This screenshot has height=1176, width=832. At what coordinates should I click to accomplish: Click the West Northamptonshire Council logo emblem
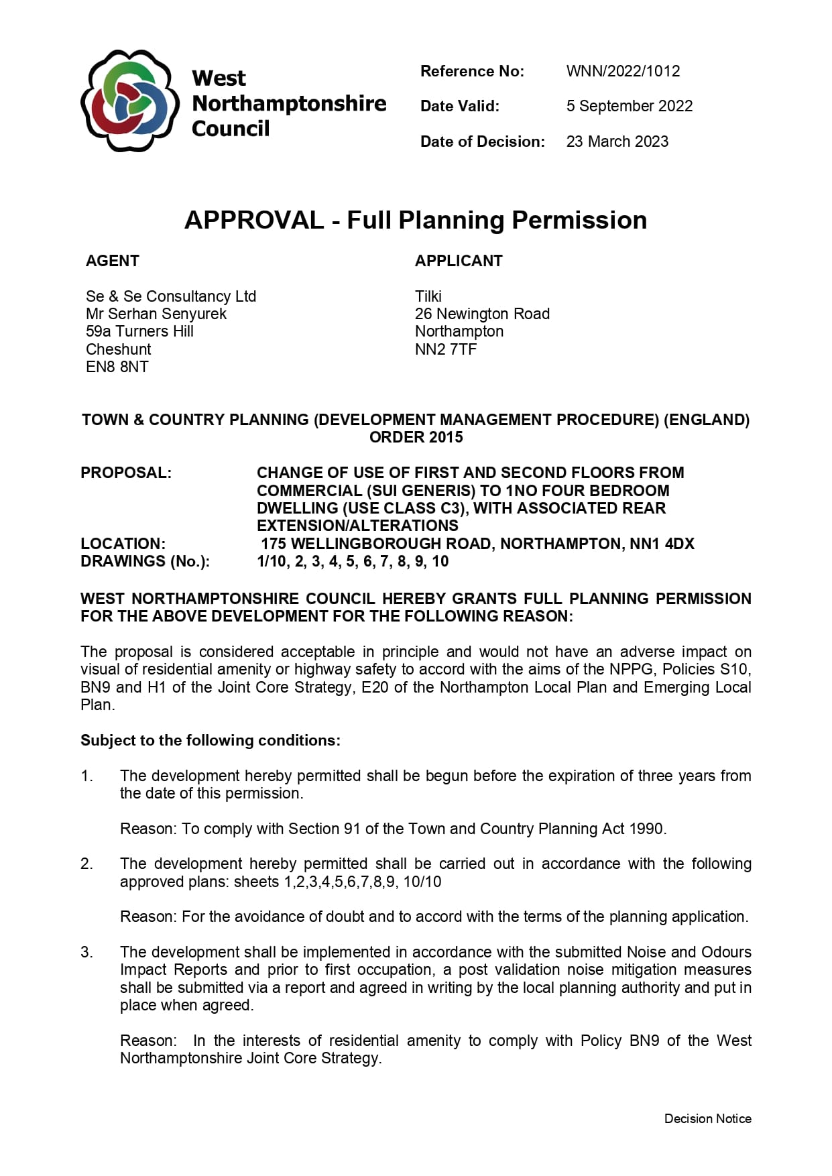(129, 101)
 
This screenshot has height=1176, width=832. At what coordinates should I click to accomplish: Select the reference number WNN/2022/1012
(623, 71)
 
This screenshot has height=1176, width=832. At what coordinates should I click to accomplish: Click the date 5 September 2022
(629, 106)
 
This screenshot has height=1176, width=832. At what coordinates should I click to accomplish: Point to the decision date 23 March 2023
(617, 141)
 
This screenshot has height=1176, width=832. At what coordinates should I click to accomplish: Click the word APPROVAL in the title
(254, 220)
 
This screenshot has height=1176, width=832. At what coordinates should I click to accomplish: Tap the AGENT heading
(113, 261)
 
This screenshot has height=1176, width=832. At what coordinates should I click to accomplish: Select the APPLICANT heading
(459, 261)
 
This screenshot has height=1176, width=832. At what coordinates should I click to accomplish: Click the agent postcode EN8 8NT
(117, 367)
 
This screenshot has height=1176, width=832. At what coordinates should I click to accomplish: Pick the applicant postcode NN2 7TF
(446, 349)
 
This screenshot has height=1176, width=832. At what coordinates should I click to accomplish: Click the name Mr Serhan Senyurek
(156, 314)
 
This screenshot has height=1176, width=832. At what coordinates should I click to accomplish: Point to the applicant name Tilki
(428, 296)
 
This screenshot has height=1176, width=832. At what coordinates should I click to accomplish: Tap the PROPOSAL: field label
(126, 473)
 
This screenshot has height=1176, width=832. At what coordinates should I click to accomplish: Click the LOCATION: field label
(123, 544)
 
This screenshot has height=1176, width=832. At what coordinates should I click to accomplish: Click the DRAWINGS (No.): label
(145, 561)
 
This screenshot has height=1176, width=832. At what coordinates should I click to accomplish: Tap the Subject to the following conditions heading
(211, 740)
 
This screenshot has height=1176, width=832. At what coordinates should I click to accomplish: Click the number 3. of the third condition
(86, 952)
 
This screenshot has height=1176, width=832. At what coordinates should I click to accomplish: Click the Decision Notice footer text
(707, 1118)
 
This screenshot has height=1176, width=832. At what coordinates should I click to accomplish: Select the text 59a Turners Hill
(139, 331)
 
